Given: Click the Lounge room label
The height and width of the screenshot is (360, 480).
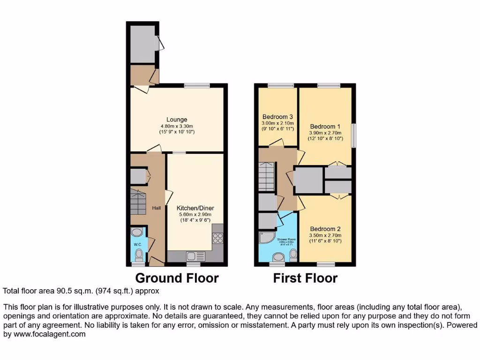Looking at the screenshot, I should pos(176,120).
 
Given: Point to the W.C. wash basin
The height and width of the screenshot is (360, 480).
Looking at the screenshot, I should pos(137,232).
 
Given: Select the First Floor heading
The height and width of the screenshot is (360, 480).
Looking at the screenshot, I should pos(305,278).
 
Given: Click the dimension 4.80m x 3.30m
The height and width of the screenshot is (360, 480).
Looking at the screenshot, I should pos(176,126).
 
